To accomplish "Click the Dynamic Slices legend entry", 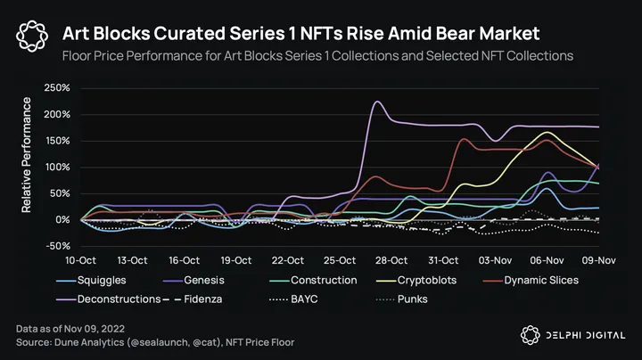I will pyautogui.click(x=541, y=280).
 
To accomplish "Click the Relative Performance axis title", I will pyautogui.click(x=28, y=155).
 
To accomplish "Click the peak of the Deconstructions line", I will pyautogui.click(x=376, y=102).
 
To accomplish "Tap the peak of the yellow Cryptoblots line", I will pyautogui.click(x=547, y=133).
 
